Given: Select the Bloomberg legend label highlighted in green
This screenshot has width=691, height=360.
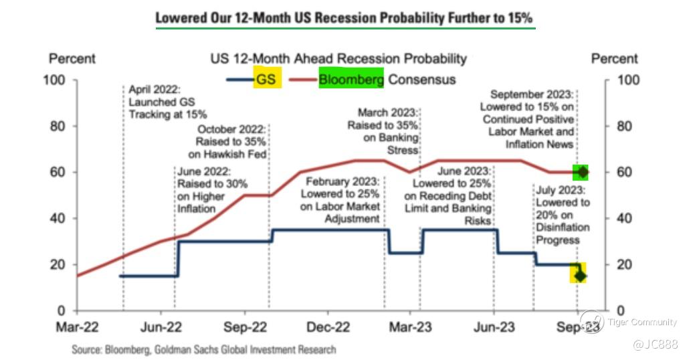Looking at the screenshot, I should [351, 80].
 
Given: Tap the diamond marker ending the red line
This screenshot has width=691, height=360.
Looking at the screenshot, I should [582, 172].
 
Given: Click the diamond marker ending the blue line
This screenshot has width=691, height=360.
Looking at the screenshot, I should [579, 275].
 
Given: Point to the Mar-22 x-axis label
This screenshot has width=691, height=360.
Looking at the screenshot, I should [78, 327].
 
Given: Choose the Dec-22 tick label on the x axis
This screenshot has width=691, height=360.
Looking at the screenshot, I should [328, 327].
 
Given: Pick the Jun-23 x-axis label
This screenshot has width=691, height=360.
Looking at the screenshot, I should [494, 327].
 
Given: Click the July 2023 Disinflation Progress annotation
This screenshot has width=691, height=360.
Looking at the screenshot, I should [563, 215].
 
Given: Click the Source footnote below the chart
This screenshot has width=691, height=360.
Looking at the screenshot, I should [204, 349].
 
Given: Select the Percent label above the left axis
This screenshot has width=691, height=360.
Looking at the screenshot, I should [72, 59].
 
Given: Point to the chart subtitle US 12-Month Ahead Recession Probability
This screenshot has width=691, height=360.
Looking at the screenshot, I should [339, 59].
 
